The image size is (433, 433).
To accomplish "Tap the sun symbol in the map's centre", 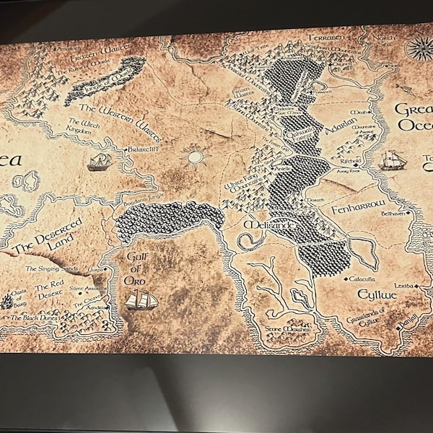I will point(194,155).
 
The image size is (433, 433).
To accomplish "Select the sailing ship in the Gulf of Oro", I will point(141,299).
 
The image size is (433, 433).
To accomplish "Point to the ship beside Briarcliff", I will point(100,161).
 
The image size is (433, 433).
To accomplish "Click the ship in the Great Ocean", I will point(391,159).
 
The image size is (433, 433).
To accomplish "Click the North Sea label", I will point(385,42).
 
